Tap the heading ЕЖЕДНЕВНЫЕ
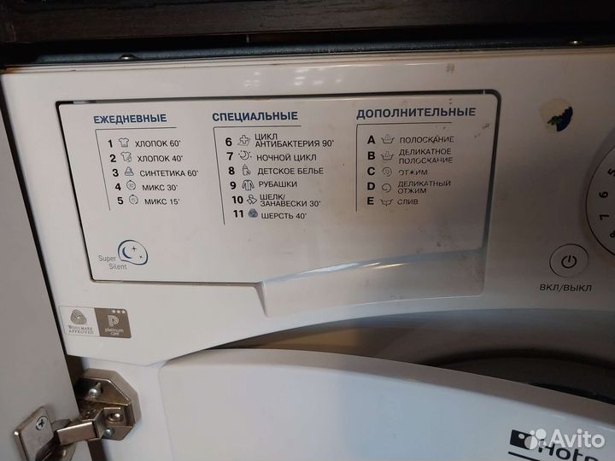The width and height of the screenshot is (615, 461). [130, 118]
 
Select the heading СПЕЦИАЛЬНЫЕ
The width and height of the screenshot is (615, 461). [255, 116]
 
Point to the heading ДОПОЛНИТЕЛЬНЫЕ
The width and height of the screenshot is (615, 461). [416, 113]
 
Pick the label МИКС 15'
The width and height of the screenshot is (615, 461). [161, 201]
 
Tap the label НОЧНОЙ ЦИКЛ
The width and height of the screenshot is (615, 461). [286, 157]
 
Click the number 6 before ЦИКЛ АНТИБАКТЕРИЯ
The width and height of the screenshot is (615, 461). [229, 141]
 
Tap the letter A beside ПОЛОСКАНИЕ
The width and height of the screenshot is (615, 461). [371, 138]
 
